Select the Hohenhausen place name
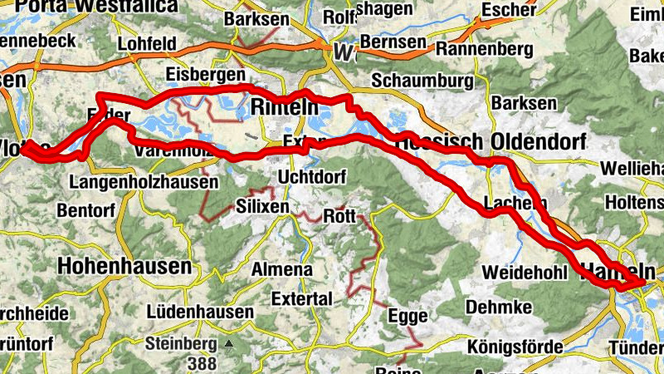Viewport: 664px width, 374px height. tap(124, 266)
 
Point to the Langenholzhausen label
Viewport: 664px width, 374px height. tap(145, 181)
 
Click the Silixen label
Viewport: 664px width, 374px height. tap(263, 206)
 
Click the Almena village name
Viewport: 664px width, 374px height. tap(283, 270)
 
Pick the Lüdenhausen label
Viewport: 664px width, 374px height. tap(199, 312)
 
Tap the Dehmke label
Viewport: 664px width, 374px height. tap(498, 308)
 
